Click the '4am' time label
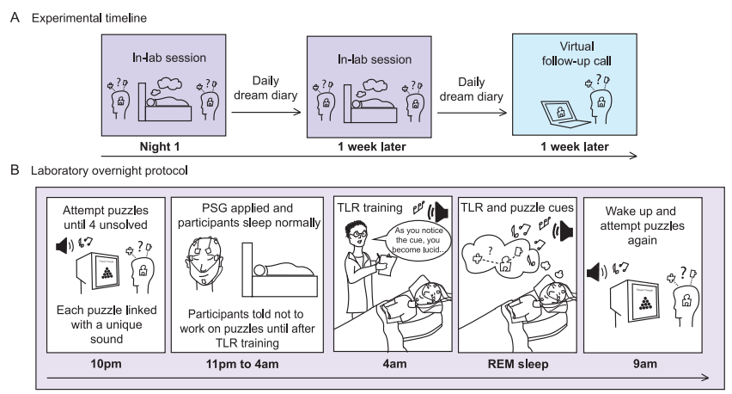384,363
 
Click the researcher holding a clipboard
361,249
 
